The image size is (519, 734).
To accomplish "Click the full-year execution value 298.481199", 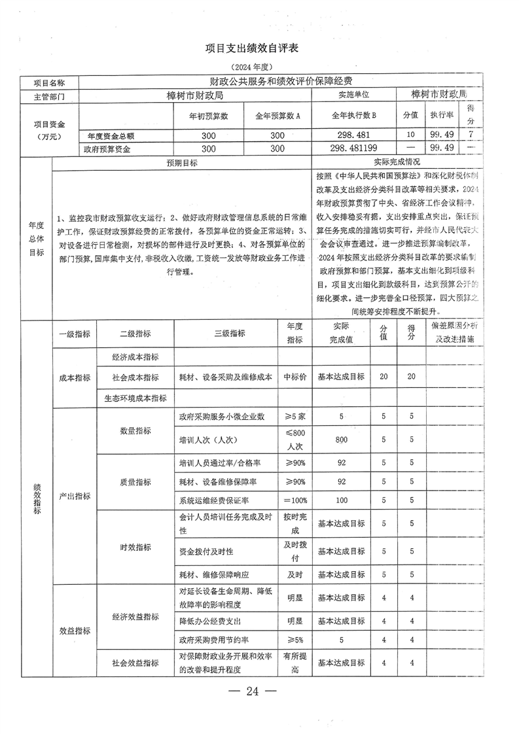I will coord(354,149).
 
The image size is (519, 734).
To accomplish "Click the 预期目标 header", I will coord(181,163).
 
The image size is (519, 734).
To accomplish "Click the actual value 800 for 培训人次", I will coord(341,440).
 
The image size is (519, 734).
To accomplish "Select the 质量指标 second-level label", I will coord(135,481).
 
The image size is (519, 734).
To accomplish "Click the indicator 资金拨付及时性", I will coord(206,551).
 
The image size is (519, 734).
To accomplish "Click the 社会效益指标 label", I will coord(135,663).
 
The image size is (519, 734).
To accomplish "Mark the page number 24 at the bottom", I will coord(252,692).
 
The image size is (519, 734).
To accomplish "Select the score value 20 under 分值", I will coord(384,377).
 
